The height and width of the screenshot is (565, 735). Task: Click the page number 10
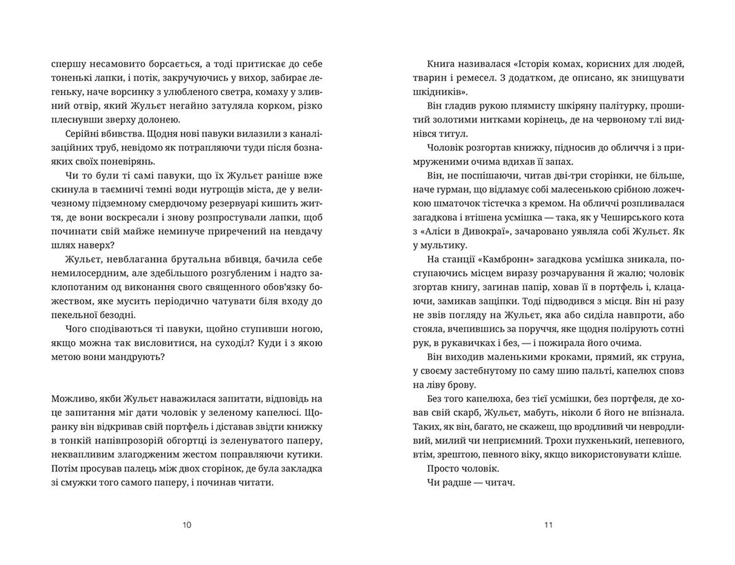(x=187, y=525)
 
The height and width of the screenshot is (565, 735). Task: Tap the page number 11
(x=548, y=525)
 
